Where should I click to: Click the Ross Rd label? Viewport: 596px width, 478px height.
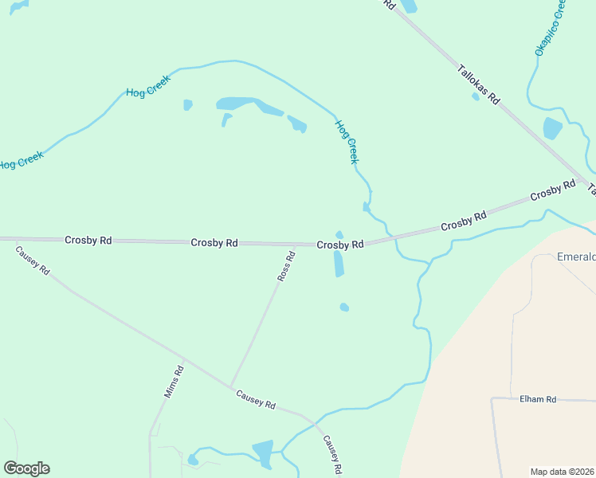[286, 266]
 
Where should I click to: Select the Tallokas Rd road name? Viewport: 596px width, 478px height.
[478, 85]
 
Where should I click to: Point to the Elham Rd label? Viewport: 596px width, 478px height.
[537, 399]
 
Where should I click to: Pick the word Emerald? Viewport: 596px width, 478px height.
[575, 257]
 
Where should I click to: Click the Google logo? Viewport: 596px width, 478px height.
[26, 468]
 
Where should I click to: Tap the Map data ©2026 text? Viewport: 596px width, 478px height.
[562, 471]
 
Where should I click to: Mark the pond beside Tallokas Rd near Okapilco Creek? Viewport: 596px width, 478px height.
[551, 127]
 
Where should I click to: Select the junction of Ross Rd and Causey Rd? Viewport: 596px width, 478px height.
[230, 387]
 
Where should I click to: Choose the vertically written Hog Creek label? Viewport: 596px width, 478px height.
[347, 142]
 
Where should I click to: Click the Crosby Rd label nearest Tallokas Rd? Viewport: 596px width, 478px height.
[552, 192]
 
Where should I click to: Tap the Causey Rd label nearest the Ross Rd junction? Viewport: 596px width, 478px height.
[255, 400]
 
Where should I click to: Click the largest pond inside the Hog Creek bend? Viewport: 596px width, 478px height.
[239, 104]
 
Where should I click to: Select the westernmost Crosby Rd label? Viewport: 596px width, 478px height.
[88, 240]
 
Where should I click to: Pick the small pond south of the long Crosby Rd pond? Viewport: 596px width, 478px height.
[344, 307]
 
